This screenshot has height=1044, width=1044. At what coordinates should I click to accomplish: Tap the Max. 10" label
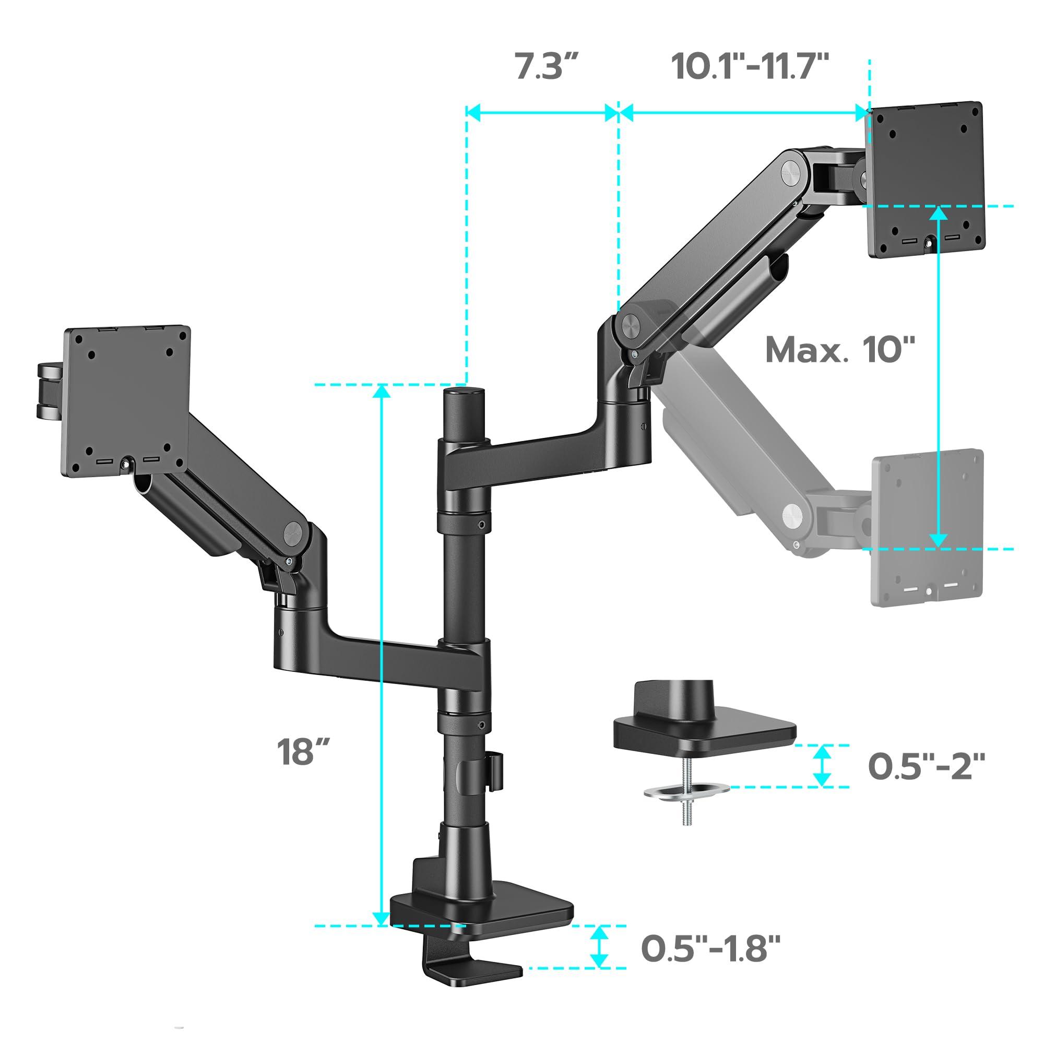click(x=840, y=350)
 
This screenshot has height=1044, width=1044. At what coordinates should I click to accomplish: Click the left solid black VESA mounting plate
click(x=127, y=402)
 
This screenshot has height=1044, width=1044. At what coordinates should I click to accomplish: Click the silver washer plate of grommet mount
click(x=686, y=788)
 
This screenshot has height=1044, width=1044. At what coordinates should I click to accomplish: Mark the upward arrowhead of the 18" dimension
click(x=382, y=392)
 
